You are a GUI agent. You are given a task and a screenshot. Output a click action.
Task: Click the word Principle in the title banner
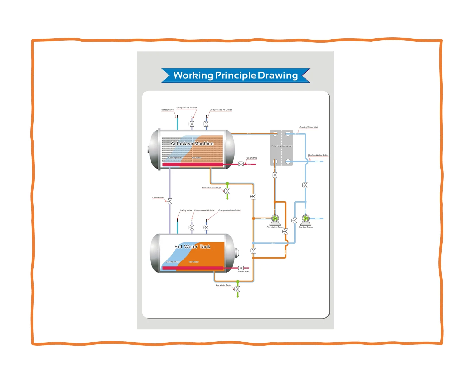(235, 76)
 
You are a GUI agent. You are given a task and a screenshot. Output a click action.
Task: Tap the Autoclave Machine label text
(192, 144)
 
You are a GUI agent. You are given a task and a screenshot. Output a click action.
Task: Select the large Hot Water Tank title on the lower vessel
(192, 247)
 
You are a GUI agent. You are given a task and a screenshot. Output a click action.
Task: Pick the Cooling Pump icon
(306, 219)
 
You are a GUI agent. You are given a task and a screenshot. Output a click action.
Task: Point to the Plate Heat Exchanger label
(282, 146)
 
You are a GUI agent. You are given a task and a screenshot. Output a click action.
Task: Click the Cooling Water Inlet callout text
(308, 127)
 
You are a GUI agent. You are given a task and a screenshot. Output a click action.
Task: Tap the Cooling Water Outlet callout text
(318, 155)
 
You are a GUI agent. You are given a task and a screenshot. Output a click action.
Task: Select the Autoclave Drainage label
(211, 188)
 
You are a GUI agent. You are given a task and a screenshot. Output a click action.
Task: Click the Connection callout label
(158, 198)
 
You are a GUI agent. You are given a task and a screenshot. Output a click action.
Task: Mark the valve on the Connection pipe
(170, 201)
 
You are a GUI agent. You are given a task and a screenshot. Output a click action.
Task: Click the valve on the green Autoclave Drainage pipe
(227, 191)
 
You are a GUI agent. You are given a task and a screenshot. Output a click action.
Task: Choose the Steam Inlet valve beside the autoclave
(241, 164)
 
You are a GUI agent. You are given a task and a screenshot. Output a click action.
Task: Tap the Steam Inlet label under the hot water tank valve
(243, 272)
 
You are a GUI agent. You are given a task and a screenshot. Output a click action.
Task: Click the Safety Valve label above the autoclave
(167, 110)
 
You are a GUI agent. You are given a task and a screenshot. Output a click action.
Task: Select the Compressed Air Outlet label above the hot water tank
(229, 211)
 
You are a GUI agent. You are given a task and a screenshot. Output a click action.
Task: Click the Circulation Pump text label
(275, 227)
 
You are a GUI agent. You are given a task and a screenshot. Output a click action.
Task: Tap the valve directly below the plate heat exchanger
(274, 175)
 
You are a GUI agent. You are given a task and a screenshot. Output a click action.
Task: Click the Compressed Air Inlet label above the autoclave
(187, 108)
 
